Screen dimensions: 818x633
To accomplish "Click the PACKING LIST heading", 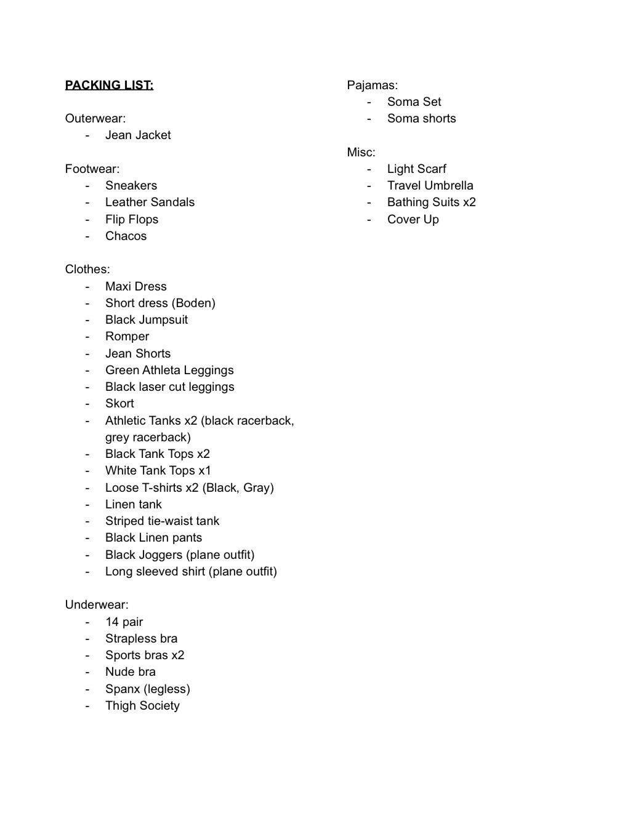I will tap(109, 85).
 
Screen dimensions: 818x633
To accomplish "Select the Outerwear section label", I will tap(95, 118).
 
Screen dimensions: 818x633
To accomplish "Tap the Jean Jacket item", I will tap(138, 135).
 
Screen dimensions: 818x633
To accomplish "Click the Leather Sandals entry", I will tap(150, 202).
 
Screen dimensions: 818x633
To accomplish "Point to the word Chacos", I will tap(126, 236).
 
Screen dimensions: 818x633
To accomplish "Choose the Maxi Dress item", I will tap(135, 286).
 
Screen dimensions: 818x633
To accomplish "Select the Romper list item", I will tap(127, 336).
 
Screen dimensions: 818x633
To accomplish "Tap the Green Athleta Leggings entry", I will tap(169, 370).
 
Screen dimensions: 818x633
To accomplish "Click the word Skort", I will tap(119, 403).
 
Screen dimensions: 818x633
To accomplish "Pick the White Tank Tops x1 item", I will tap(158, 470).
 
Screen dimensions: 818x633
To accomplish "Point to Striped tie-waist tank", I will tap(162, 521).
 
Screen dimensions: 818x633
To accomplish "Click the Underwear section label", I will tap(97, 604).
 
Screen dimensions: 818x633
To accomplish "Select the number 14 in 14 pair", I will tap(111, 622).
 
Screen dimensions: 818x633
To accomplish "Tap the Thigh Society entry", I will tap(142, 705).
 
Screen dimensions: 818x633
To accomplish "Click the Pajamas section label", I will tap(372, 85).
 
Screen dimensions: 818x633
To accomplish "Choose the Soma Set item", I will tap(414, 102).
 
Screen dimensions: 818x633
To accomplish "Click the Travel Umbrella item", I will tap(430, 185).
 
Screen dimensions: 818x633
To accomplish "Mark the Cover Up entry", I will tap(413, 219).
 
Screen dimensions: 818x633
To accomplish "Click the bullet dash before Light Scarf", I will tap(369, 169).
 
